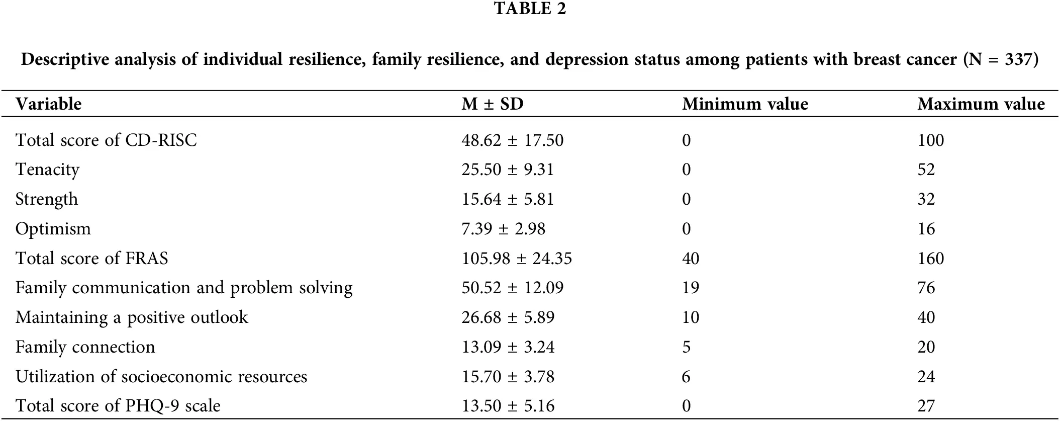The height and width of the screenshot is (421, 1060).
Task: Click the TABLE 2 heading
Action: pos(530,9)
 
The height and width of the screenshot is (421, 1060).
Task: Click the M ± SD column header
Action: pos(492,104)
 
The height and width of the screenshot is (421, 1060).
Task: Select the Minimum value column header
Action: pos(745,104)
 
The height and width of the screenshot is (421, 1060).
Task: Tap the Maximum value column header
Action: pos(981,104)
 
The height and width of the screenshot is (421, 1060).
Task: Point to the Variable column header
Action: pos(48,104)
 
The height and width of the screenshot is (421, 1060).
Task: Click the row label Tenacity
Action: pos(47,170)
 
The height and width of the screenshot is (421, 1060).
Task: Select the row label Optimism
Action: pos(53,229)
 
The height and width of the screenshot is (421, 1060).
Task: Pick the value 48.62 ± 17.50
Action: pos(512,140)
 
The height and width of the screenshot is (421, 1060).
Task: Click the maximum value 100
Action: pos(930,140)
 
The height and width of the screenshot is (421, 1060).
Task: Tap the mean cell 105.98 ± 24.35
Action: pos(516,259)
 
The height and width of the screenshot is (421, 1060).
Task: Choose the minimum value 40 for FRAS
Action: pos(690,259)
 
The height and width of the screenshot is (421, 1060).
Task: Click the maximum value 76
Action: pos(926,288)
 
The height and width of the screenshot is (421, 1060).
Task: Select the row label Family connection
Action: pos(85,347)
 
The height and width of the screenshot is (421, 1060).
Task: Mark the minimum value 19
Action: pos(690,288)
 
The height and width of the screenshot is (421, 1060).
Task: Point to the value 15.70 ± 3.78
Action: pos(508,377)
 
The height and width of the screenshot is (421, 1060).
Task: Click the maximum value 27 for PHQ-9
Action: pos(926,406)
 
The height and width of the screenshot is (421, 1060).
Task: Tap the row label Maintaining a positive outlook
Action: pos(132,317)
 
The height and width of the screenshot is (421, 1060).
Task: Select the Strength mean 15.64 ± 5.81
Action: pos(508,199)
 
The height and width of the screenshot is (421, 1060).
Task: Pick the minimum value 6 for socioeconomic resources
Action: pos(686,377)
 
